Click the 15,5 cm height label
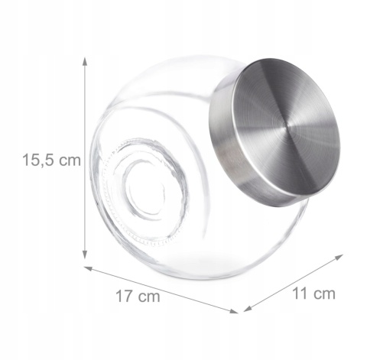point(51,161)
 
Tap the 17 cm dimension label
point(138,296)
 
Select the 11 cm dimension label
point(313,294)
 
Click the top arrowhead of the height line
point(85,62)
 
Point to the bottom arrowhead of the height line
point(85,255)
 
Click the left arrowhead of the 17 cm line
point(88,268)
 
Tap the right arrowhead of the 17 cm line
point(234,311)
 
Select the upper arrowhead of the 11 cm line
point(339,257)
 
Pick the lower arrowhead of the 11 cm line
point(248,309)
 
